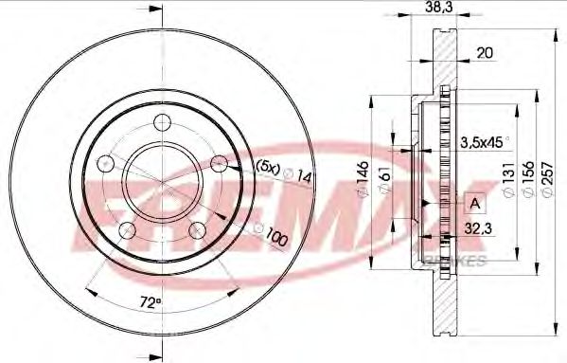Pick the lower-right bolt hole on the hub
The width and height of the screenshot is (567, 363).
click(196, 228)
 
